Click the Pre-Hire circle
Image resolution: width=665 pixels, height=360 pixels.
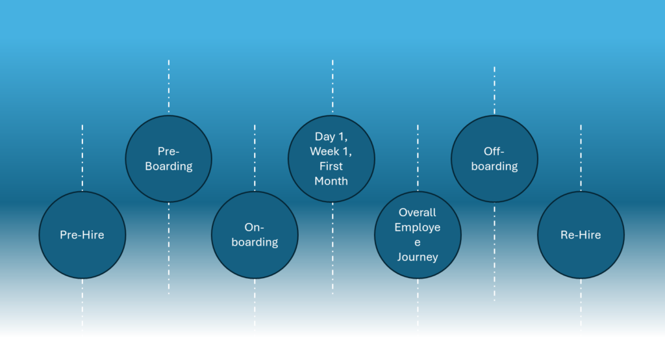pyautogui.click(x=82, y=235)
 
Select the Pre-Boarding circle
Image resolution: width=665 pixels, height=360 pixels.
pyautogui.click(x=168, y=159)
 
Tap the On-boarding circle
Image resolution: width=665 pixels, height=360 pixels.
pyautogui.click(x=255, y=235)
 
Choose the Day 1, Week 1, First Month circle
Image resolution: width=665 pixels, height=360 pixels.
pyautogui.click(x=331, y=159)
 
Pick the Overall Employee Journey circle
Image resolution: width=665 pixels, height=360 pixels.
pyautogui.click(x=418, y=235)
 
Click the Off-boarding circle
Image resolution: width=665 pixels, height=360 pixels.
pyautogui.click(x=494, y=159)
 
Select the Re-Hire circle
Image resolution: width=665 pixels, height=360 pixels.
pyautogui.click(x=581, y=235)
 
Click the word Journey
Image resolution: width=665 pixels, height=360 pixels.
pyautogui.click(x=418, y=257)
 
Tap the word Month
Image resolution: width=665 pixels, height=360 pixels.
pyautogui.click(x=331, y=181)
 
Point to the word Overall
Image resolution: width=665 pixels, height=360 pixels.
pyautogui.click(x=418, y=212)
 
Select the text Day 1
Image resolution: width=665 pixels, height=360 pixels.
pyautogui.click(x=331, y=136)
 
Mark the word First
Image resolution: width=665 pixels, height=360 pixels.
pyautogui.click(x=331, y=166)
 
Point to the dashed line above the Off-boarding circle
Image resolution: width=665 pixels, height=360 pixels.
pyautogui.click(x=494, y=90)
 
